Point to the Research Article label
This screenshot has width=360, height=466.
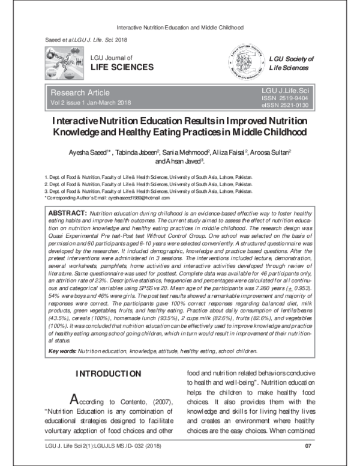80,92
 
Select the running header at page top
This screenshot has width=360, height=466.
179,28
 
